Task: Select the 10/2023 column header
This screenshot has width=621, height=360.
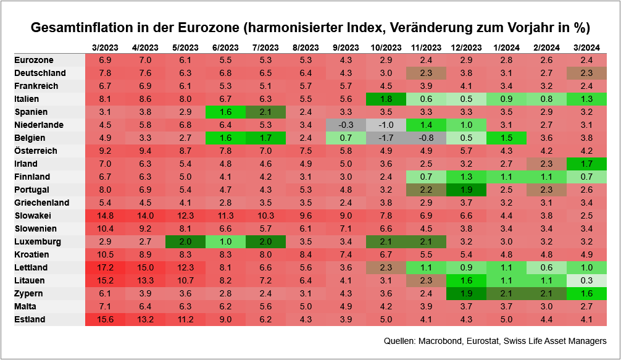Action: point(386,48)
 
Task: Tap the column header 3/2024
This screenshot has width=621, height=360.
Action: point(587,48)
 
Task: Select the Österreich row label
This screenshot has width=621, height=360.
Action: point(35,151)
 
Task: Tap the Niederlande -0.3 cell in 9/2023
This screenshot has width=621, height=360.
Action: point(346,125)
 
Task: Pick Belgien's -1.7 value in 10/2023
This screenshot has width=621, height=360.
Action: point(386,138)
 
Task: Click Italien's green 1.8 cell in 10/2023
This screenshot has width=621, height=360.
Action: point(386,99)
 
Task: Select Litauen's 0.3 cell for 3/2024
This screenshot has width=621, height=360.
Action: point(587,280)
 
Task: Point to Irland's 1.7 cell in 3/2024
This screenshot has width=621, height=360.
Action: point(587,164)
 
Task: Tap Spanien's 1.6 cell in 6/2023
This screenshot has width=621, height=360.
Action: point(225,112)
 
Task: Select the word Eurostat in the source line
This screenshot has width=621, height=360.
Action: point(483,341)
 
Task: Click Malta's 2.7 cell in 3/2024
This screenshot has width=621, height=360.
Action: point(587,306)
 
